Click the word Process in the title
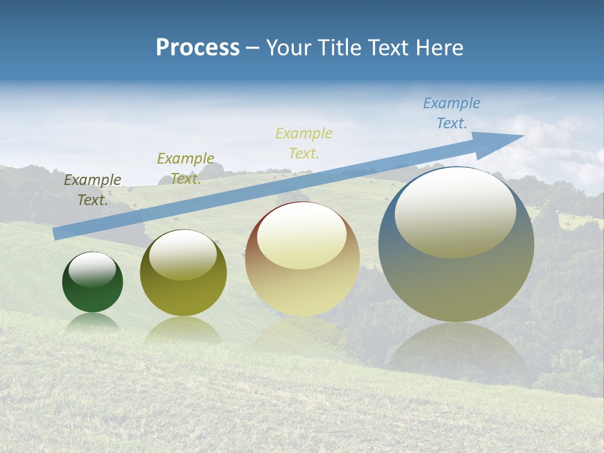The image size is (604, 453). pyautogui.click(x=198, y=47)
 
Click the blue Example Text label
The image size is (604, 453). pyautogui.click(x=452, y=113)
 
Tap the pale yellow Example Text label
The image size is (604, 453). pyautogui.click(x=304, y=143)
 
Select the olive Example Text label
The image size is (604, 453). pyautogui.click(x=186, y=169)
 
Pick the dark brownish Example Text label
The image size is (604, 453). pyautogui.click(x=92, y=189)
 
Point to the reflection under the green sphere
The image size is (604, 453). pyautogui.click(x=92, y=322)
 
